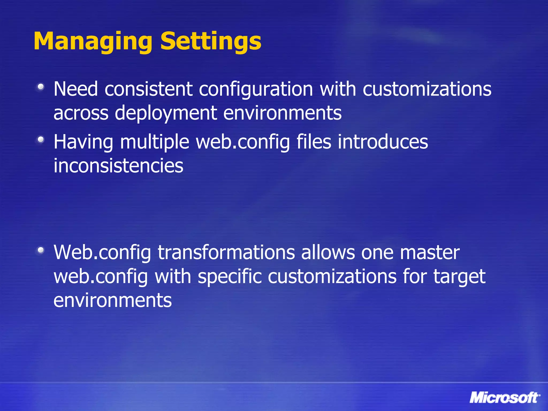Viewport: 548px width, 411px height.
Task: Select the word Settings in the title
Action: (x=211, y=41)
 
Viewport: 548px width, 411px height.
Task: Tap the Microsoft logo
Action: (x=505, y=397)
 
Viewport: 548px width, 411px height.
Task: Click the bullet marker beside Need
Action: (x=41, y=87)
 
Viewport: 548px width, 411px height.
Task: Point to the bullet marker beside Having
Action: (x=41, y=139)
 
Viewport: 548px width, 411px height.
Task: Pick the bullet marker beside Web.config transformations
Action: (x=41, y=250)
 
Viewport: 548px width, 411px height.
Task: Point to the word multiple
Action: (x=155, y=142)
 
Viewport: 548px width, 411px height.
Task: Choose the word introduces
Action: (x=383, y=142)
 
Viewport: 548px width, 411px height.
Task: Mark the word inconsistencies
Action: (x=118, y=166)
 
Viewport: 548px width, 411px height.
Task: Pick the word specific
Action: (x=230, y=277)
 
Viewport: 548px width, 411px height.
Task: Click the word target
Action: (x=459, y=277)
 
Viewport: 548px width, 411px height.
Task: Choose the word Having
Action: (x=83, y=142)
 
